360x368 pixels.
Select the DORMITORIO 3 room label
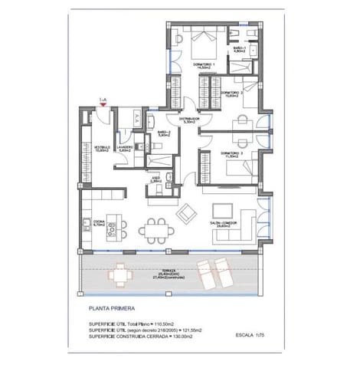tap(232, 153)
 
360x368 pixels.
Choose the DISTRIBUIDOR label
tap(189, 120)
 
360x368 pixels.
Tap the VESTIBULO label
tap(103, 147)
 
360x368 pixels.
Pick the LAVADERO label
tap(126, 147)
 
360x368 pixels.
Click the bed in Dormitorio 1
tap(204, 40)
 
